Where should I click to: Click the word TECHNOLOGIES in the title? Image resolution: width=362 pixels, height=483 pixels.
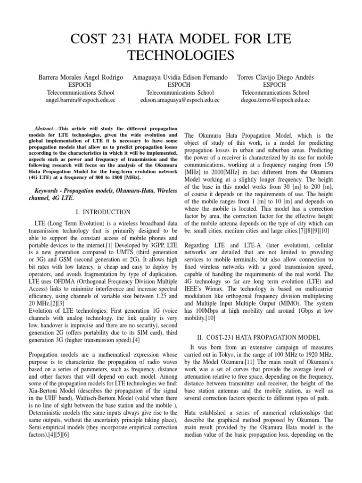coord(181,55)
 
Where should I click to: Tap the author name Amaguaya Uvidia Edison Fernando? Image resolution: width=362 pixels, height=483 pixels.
coord(181,76)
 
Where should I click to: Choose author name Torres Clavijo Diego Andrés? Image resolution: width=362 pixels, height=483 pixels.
coord(275,76)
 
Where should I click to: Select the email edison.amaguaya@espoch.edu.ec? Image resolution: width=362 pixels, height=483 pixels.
coord(181,100)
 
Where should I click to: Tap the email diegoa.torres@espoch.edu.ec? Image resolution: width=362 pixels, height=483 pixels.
coord(275,100)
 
